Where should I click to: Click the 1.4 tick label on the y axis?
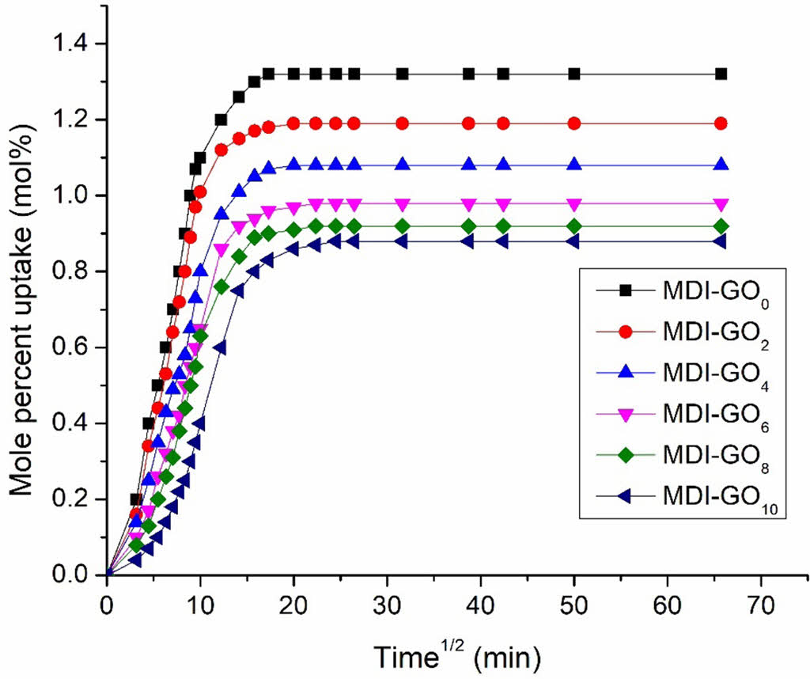coord(76,44)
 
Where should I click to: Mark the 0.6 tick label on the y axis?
coord(76,347)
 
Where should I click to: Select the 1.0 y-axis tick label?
coord(76,195)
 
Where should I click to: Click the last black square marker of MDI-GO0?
coord(721,74)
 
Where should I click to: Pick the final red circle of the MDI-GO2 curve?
coord(721,123)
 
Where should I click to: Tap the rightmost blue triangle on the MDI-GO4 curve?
coord(721,165)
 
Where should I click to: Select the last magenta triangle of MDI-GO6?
coord(721,203)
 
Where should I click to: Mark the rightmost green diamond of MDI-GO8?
coord(721,226)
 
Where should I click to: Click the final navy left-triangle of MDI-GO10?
coord(721,241)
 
